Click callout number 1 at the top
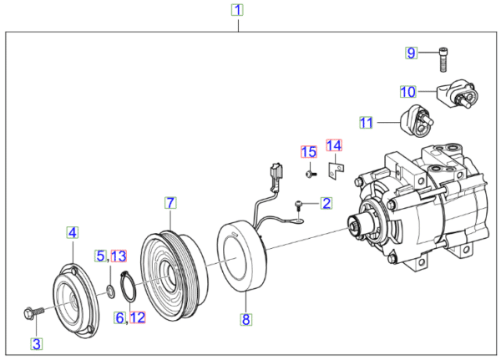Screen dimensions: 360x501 tap(238, 11)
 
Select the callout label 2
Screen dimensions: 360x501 tap(326, 203)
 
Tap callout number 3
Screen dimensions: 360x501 tap(36, 342)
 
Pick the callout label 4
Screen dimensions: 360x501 tap(73, 232)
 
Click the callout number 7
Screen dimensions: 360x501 tap(170, 203)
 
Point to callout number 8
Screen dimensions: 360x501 tap(245, 319)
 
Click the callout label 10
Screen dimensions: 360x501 tap(407, 91)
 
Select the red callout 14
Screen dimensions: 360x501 tap(334, 146)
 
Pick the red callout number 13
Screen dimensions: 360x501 tap(119, 255)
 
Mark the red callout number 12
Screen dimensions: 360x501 tap(137, 317)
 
